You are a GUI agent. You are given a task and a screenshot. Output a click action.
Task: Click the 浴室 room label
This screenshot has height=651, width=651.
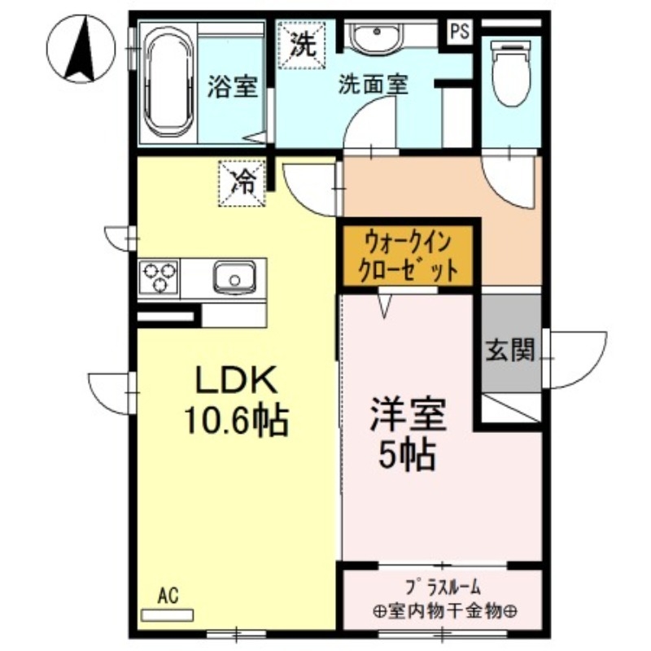[x=232, y=87]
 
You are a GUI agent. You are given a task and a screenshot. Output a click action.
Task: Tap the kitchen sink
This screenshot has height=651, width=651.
[x=235, y=277]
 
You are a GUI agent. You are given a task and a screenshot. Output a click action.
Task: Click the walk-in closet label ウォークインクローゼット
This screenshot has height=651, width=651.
[x=407, y=256]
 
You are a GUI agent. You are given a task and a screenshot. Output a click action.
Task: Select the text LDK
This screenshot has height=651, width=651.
[x=236, y=381]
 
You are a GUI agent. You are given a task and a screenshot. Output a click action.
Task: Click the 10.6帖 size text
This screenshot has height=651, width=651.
[x=235, y=419]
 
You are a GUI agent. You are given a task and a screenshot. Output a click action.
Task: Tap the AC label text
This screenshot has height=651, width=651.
[x=167, y=596]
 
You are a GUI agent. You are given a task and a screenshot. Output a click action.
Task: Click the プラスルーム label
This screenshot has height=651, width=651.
[x=443, y=586]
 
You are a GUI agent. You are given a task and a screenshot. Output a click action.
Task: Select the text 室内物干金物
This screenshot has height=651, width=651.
[x=443, y=610]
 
